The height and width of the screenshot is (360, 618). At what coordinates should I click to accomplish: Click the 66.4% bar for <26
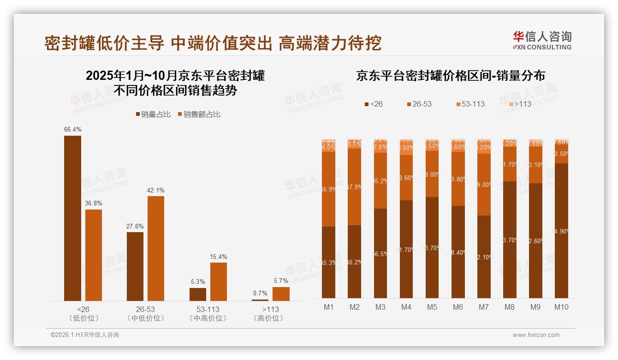pos(72,218)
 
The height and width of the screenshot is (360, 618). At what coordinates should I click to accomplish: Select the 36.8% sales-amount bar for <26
pos(94,255)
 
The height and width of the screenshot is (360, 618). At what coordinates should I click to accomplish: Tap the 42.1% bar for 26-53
pos(156,248)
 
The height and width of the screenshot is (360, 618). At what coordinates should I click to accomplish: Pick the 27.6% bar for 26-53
pos(135,266)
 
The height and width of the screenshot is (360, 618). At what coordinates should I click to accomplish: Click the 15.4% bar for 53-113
pos(219,282)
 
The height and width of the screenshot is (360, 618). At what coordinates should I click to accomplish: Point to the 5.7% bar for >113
pos(281,294)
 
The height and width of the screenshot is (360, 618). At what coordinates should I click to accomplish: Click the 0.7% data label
pos(260,294)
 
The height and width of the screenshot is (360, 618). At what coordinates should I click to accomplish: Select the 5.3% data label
pos(197,282)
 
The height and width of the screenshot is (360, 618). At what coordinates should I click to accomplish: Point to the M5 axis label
pos(432,307)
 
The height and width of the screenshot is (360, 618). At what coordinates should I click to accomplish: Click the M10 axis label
pos(561,307)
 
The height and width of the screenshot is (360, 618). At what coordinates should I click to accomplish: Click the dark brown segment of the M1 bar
pos(329,262)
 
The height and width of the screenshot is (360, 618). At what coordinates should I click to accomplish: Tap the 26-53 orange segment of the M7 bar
pos(484,185)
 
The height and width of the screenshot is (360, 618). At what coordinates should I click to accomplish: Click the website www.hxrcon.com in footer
pos(535,335)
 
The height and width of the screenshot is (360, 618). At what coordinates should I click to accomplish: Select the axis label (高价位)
pos(268,318)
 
